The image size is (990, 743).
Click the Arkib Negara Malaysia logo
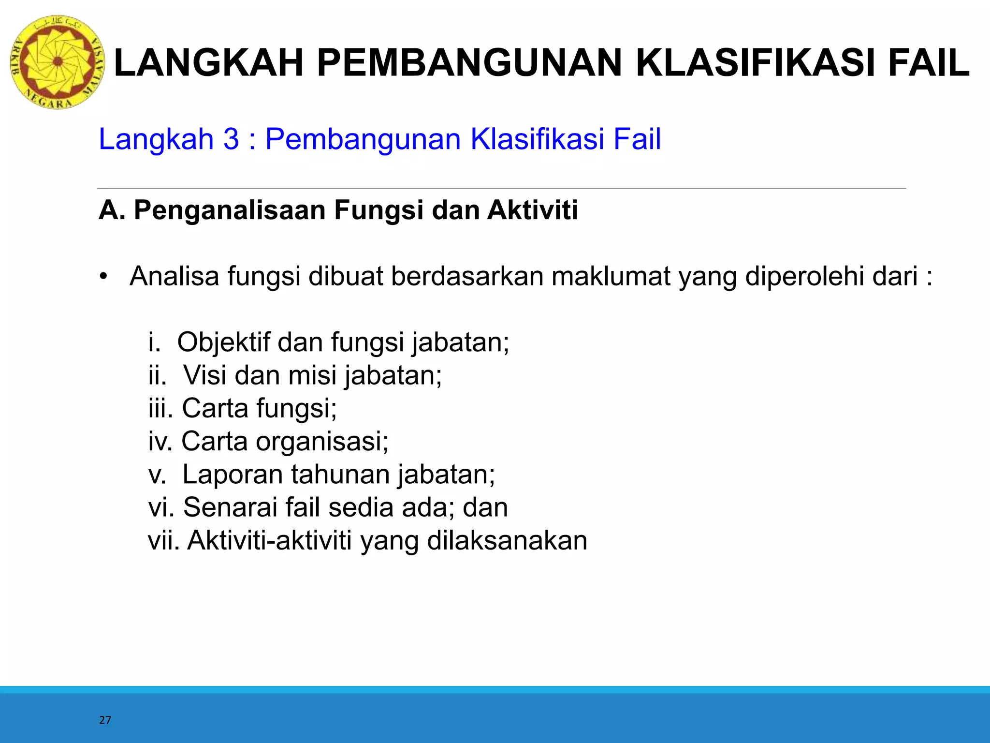tap(57, 62)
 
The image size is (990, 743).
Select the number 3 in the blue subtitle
tap(231, 139)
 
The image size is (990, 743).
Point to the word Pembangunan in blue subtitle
tap(364, 139)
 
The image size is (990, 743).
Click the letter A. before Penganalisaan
tap(111, 211)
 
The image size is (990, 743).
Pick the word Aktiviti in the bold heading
tap(532, 211)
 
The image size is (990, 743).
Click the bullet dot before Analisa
tap(103, 277)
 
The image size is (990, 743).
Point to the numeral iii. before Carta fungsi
tap(160, 408)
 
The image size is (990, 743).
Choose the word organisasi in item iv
tap(321, 441)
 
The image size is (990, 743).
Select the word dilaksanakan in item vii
tap(507, 540)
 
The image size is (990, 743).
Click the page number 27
tap(105, 720)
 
